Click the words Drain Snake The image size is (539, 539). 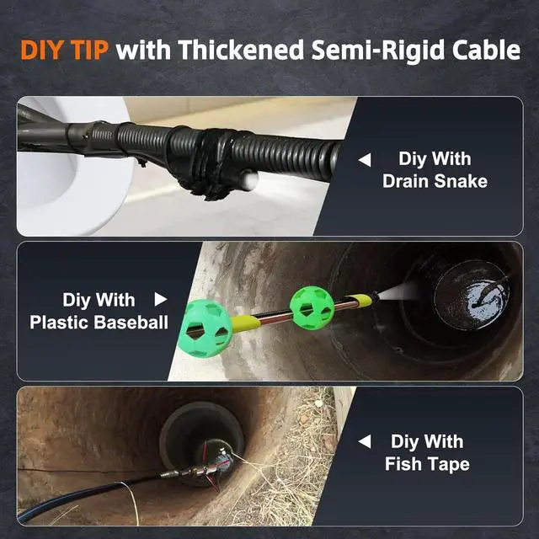click(x=435, y=181)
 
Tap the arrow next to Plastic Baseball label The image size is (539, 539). click(x=161, y=300)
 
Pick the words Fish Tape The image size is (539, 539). click(x=427, y=464)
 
